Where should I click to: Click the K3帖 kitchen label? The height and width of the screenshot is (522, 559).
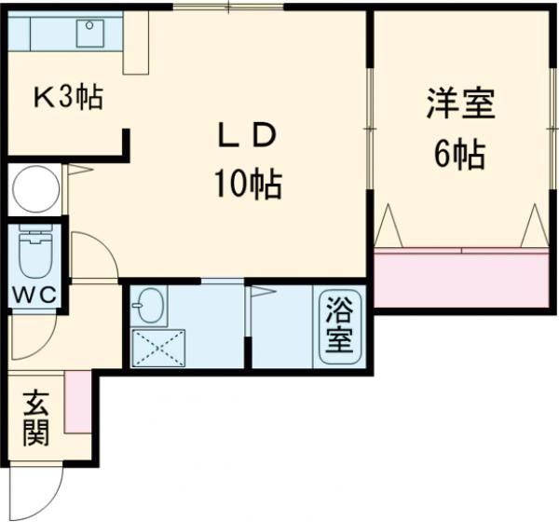[68, 97]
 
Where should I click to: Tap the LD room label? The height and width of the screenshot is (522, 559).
[248, 136]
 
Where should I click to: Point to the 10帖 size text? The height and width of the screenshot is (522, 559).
[248, 185]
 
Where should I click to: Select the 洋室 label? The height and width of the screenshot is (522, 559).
[461, 103]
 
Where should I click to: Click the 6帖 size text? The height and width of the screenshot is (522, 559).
[459, 155]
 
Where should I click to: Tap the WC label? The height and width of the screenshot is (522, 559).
[34, 295]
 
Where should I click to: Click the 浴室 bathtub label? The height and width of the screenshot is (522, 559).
[340, 324]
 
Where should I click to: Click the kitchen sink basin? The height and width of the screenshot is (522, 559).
[89, 34]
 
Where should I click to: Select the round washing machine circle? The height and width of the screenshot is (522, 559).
[35, 189]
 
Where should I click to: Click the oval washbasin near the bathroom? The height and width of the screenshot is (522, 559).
[150, 306]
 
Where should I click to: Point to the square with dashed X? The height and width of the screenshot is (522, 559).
[158, 349]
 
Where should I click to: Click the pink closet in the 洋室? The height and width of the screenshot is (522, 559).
[461, 278]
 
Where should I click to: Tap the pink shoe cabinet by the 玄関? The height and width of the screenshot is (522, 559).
[77, 402]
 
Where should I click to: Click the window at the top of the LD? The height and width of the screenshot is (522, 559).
[228, 7]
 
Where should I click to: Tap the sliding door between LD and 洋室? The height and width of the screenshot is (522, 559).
[371, 128]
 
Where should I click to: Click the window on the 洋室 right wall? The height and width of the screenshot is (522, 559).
[552, 128]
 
